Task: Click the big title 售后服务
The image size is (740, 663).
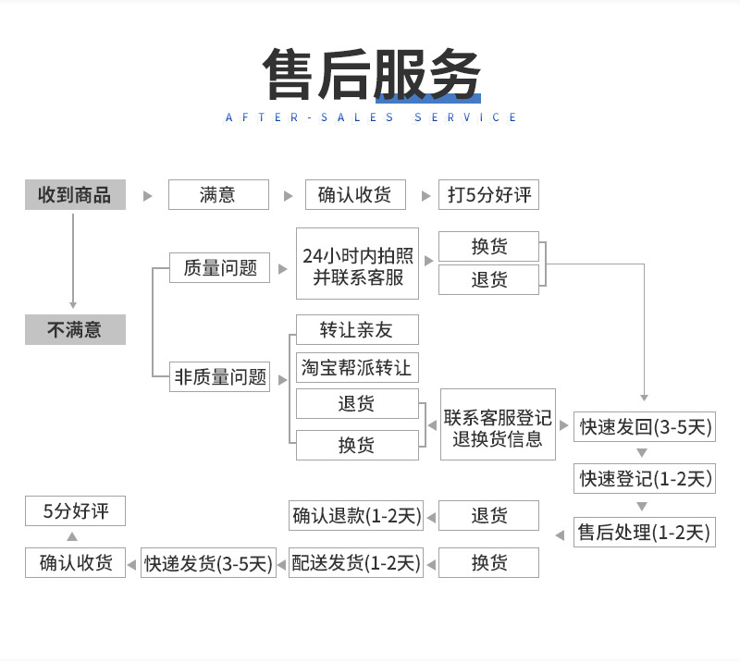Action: pos(371,73)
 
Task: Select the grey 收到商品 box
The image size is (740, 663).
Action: pos(75,195)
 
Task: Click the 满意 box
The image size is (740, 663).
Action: pos(218,195)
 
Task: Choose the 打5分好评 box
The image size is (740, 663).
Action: pos(488,195)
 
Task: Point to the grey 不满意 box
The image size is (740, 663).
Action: pos(75,330)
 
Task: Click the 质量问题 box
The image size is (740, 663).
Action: pos(219,268)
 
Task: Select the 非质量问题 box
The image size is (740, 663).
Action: pos(219,376)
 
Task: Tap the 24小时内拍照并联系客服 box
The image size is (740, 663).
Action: pos(357,265)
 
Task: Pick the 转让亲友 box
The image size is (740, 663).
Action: pos(357,330)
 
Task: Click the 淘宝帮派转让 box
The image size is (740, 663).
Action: pos(357,366)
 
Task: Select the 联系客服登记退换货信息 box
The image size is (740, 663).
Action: pos(498,427)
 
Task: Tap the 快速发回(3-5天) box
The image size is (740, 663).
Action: pos(645,426)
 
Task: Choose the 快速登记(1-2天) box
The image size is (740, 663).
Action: pos(645,478)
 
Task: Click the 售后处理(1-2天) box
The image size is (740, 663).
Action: pos(645,532)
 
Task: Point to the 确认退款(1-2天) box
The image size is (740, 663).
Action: pos(356,515)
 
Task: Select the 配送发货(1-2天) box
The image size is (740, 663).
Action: pos(356,562)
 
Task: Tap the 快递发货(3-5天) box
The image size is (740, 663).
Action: pos(208,562)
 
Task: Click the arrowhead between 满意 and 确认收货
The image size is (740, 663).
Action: pos(286,196)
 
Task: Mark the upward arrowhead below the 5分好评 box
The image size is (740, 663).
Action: pos(73,537)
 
